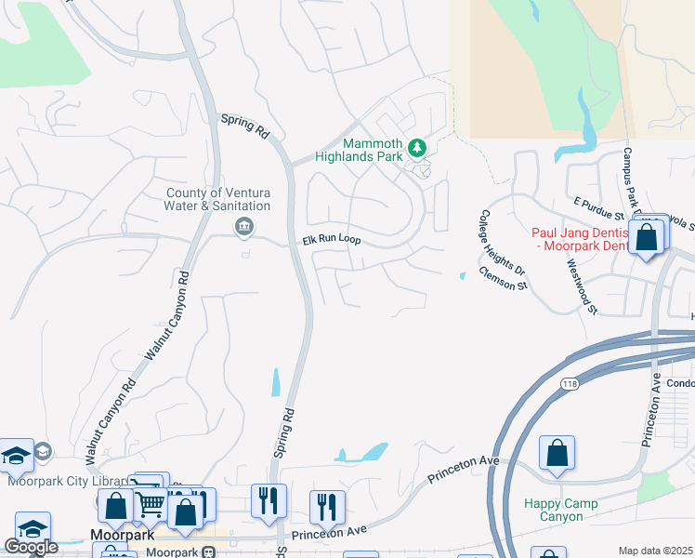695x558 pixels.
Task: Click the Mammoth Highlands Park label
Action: pos(373,150)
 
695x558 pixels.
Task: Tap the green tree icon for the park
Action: pos(418,147)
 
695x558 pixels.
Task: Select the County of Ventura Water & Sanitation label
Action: pos(218,199)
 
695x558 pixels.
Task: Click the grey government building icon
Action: pos(243,226)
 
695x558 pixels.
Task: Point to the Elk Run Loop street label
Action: pos(331,240)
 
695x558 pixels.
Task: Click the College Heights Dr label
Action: pos(503,245)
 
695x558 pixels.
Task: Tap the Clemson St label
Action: pos(503,277)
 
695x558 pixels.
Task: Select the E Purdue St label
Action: pos(602,208)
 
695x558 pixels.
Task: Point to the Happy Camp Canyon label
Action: pos(560,510)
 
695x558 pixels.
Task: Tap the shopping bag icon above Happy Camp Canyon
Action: pos(557,454)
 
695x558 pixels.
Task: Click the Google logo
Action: pos(32,546)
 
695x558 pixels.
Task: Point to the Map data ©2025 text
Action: pos(655,551)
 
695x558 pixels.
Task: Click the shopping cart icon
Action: pos(151,506)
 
